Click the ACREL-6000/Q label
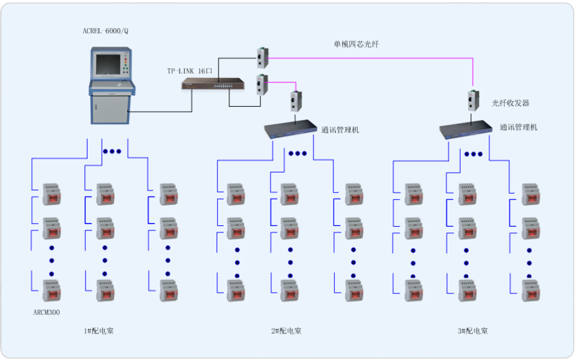tap(105, 31)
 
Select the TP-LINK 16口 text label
tap(189, 71)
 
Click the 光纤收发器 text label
tap(510, 103)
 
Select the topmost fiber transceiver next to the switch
tap(261, 57)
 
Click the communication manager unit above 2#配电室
tap(292, 130)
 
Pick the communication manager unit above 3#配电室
tap(466, 130)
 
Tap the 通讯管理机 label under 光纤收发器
tap(518, 127)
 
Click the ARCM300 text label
tap(46, 312)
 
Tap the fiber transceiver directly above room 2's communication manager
tap(295, 101)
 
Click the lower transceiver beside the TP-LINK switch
tap(261, 84)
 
